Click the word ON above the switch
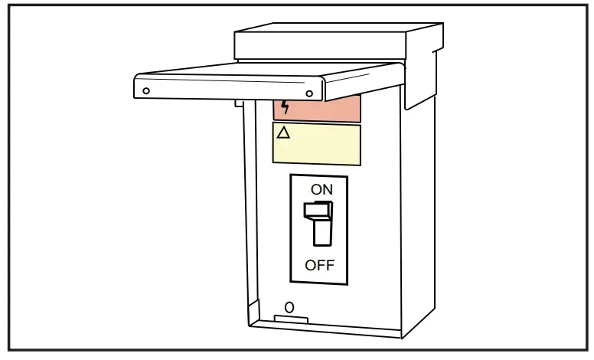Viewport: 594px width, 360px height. pos(321,189)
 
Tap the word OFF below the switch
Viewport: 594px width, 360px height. pos(320,266)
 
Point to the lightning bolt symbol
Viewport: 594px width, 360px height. pos(286,106)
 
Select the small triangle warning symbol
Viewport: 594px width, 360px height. pos(283,133)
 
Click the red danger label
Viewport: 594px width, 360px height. pos(318,109)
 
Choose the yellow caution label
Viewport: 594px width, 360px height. pos(317,145)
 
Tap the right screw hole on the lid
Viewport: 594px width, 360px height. pos(309,93)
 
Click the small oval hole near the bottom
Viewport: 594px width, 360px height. pos(289,307)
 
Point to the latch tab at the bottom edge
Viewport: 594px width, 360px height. pos(291,319)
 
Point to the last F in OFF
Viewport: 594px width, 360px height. pos(330,266)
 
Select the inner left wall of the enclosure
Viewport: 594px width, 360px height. pos(248,230)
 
